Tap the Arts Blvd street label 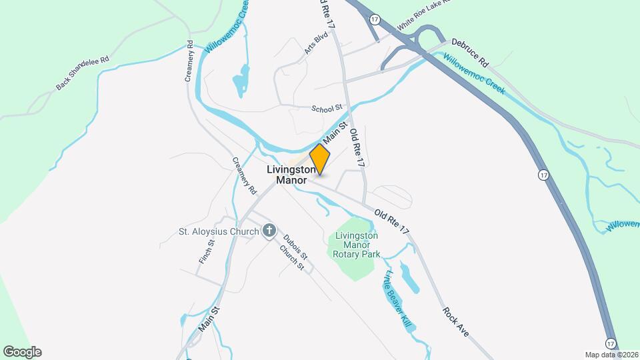[312, 44]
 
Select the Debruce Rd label [470, 53]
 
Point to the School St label [327, 108]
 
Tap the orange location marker [320, 159]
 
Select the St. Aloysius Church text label [218, 232]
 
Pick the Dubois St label [295, 247]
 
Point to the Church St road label [292, 258]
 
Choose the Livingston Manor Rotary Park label [357, 245]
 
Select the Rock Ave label [456, 321]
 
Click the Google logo [22, 352]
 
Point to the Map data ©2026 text [611, 354]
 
